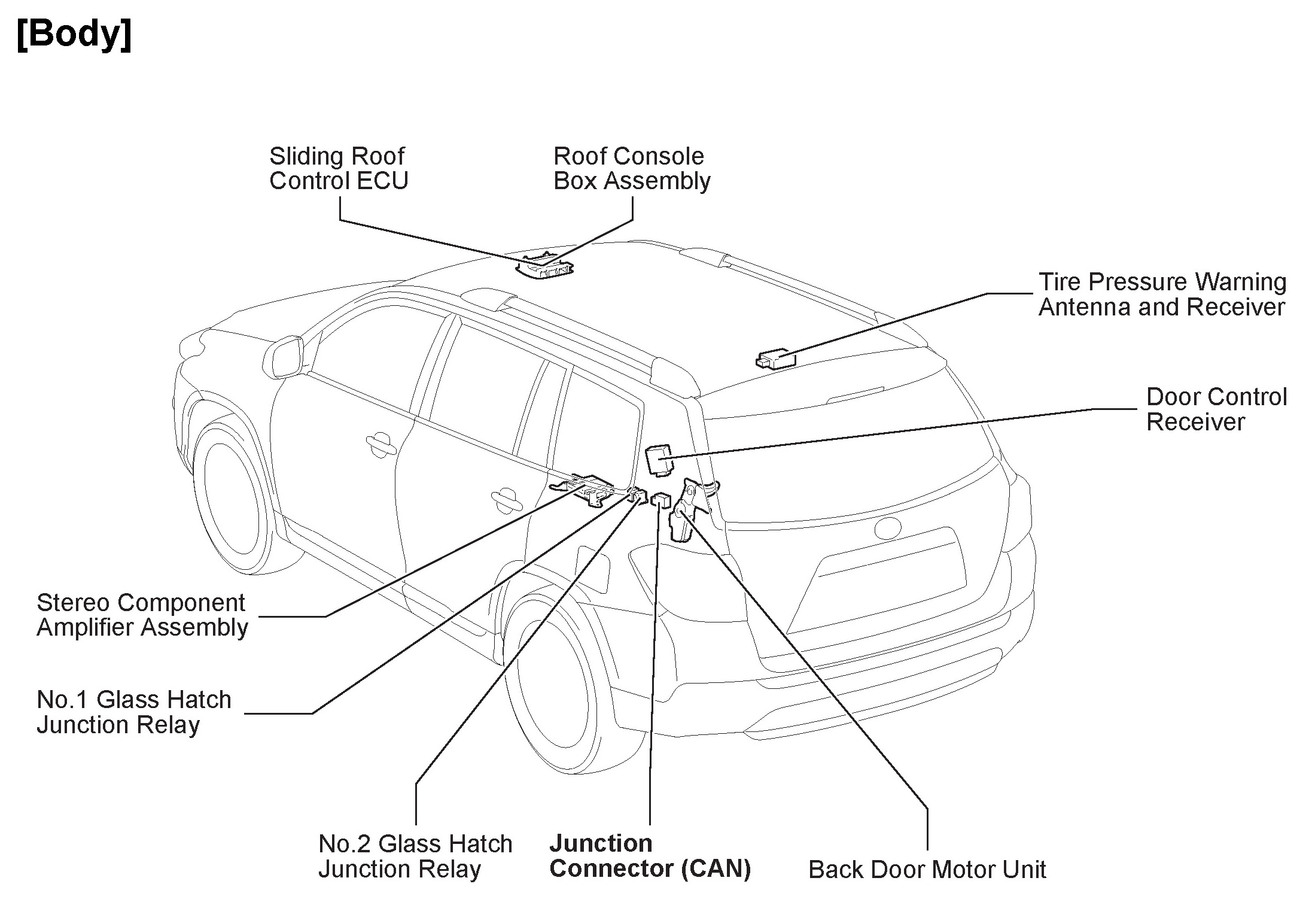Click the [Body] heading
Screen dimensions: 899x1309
74,35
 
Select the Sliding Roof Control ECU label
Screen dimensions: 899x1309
338,168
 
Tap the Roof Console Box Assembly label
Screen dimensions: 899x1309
631,168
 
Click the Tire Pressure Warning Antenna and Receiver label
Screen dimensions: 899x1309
1162,294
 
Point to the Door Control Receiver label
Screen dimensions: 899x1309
1216,409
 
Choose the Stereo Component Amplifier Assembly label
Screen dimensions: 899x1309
142,615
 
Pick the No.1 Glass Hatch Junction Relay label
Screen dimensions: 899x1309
133,712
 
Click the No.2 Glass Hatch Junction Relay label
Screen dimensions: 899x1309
415,856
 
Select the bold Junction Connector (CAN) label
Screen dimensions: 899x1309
650,856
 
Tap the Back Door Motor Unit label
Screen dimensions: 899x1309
927,869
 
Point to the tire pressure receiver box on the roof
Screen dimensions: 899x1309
777,359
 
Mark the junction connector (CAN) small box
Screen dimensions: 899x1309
660,499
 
